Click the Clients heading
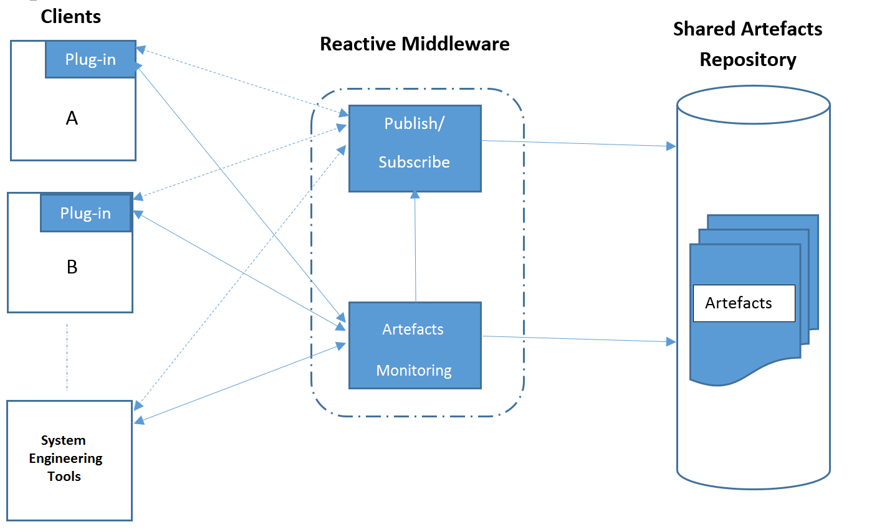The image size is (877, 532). tap(70, 17)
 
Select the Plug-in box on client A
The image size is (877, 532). tap(90, 59)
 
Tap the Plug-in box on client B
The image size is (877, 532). tap(85, 213)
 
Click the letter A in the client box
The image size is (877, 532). tap(72, 118)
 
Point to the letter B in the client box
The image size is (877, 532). tap(72, 267)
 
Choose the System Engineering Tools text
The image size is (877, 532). tap(65, 458)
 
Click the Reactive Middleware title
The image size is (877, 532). tap(415, 44)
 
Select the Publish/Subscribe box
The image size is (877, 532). tap(415, 148)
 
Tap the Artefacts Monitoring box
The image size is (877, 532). tap(415, 346)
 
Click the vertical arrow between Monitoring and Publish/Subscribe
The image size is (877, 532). tap(415, 249)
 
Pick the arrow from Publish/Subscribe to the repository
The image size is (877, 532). tap(580, 143)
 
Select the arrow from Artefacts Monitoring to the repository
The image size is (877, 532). tap(580, 339)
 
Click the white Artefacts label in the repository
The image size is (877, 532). tap(744, 303)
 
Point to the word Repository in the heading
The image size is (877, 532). tap(748, 60)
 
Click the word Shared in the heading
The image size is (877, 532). tap(704, 29)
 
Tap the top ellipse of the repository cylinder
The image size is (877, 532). tap(753, 105)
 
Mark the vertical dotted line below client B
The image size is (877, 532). tap(67, 357)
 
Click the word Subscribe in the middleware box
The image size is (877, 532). tap(414, 162)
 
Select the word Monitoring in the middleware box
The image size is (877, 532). tap(414, 371)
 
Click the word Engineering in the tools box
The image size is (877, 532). tap(65, 458)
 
